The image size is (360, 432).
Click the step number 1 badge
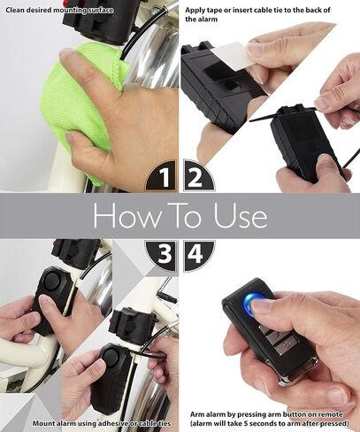point(163,176)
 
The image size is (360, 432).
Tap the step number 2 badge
point(197,176)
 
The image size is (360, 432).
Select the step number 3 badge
point(163,255)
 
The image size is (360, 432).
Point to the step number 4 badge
point(197,254)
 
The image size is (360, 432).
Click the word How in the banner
point(127,215)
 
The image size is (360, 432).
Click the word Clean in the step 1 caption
point(15,10)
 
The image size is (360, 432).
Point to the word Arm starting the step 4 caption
point(197,414)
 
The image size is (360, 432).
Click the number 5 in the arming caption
point(246,423)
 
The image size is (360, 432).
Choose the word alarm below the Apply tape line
point(208,19)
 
